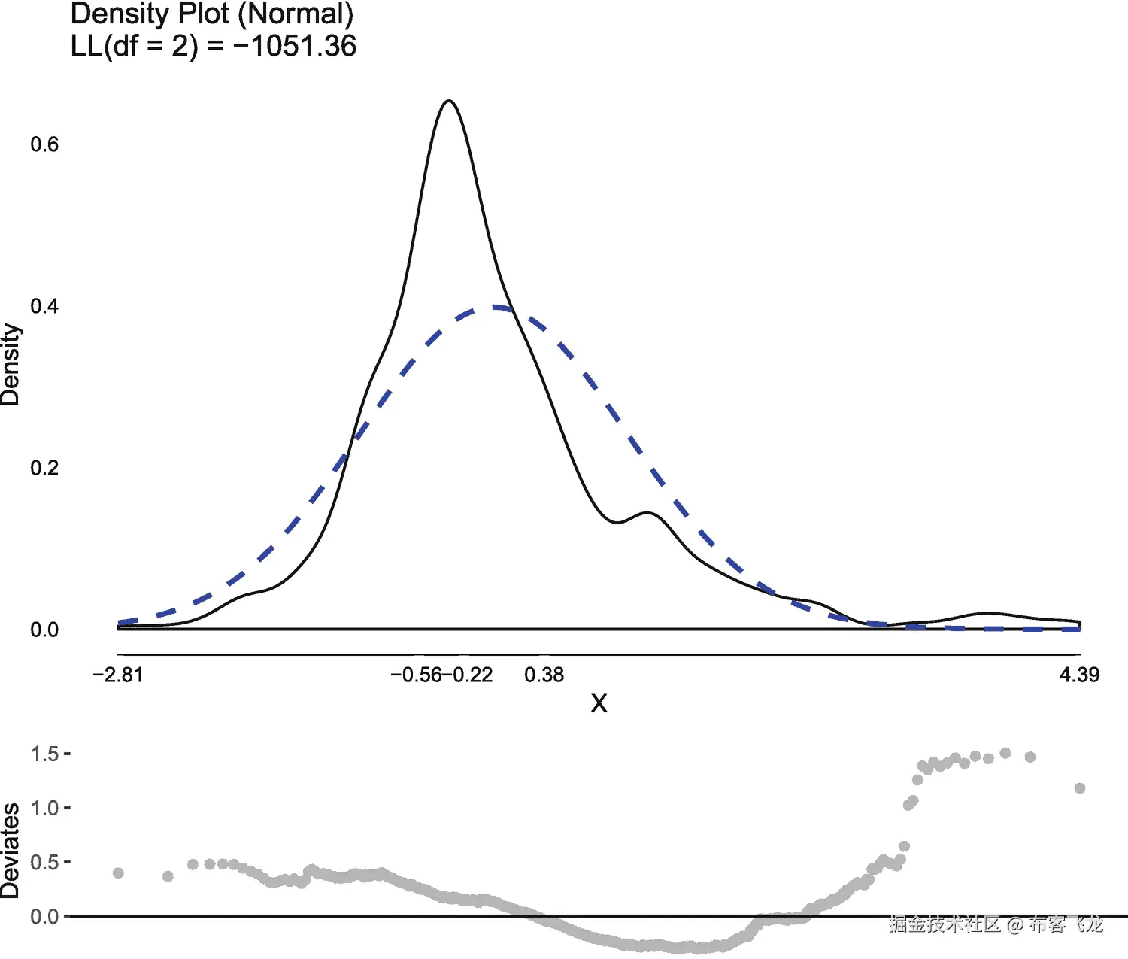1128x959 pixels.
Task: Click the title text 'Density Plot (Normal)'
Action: (x=211, y=14)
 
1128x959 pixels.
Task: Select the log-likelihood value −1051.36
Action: (x=294, y=46)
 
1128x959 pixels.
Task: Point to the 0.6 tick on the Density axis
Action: (x=44, y=144)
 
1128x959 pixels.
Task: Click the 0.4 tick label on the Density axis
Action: (x=44, y=306)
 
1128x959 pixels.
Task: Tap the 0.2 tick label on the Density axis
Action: (x=44, y=468)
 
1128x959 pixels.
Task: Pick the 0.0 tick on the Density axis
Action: (x=44, y=630)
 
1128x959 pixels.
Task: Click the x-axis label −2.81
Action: (x=118, y=675)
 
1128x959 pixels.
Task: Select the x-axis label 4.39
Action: (x=1079, y=675)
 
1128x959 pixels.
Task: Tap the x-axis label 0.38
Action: (x=544, y=675)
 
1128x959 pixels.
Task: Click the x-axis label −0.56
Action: (x=416, y=675)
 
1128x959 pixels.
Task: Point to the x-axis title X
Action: (x=599, y=703)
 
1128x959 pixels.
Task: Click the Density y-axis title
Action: (x=11, y=365)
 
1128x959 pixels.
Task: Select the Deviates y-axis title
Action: (x=11, y=850)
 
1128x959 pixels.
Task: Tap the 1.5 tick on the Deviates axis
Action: (x=45, y=754)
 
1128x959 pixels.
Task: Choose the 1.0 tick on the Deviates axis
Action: (x=45, y=808)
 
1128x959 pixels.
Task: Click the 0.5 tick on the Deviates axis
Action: (x=45, y=862)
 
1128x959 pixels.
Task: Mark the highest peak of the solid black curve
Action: (x=449, y=101)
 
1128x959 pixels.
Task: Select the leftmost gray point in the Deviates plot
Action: (x=118, y=873)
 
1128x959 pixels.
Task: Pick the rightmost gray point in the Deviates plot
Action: (x=1080, y=788)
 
